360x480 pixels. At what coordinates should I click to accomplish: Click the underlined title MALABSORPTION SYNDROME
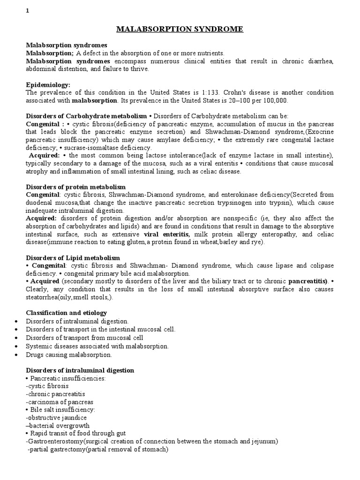pyautogui.click(x=180, y=30)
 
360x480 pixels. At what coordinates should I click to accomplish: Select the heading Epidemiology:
pyautogui.click(x=48, y=85)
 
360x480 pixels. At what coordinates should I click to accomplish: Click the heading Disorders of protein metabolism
pyautogui.click(x=75, y=187)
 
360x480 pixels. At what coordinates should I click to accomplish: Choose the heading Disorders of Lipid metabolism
pyautogui.click(x=73, y=258)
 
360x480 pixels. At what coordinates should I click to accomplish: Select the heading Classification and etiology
pyautogui.click(x=66, y=313)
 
